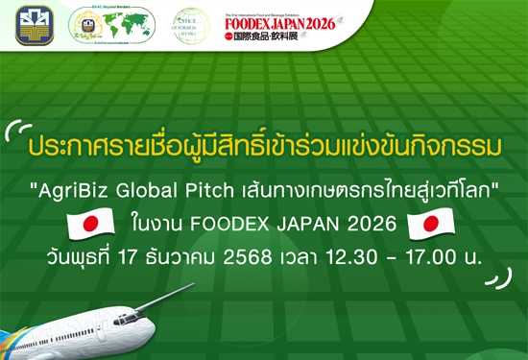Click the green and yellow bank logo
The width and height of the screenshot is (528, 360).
[36, 26]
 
